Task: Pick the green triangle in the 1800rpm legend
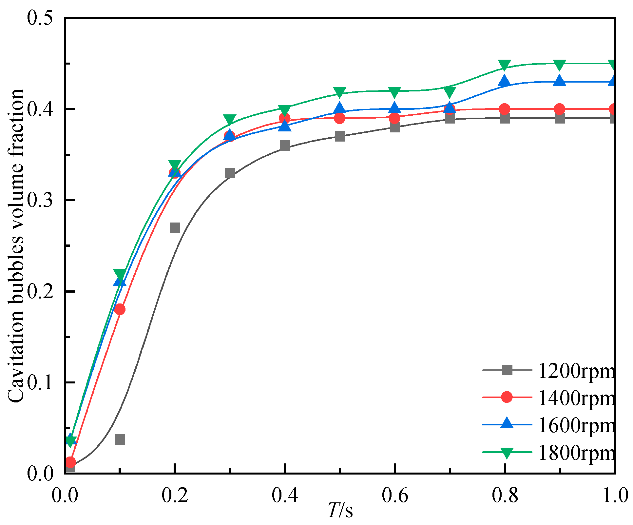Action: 507,453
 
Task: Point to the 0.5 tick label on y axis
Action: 40,18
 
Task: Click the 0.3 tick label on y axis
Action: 40,200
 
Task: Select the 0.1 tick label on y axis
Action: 40,383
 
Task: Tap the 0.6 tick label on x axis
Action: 395,496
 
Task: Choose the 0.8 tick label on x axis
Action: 505,496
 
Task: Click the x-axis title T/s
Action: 341,511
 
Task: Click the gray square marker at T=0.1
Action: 120,439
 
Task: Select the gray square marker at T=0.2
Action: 175,227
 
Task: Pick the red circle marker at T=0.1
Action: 120,309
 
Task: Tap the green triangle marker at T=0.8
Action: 505,65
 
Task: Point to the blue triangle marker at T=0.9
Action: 560,81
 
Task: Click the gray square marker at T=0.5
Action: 340,136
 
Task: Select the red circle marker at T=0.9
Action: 560,109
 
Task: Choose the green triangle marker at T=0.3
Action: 230,119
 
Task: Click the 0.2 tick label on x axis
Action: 175,496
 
